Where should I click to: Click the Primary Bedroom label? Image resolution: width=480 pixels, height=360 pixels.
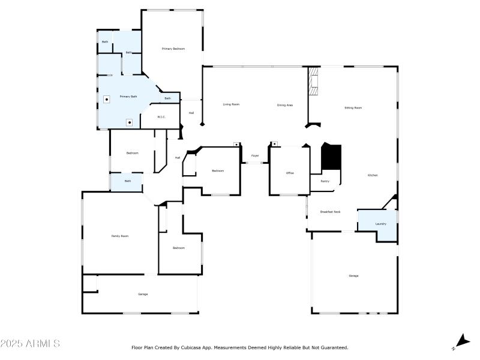pyautogui.click(x=173, y=48)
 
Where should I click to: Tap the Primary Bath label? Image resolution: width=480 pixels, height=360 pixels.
pyautogui.click(x=128, y=97)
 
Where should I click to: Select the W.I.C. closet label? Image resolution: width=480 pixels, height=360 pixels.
pyautogui.click(x=161, y=116)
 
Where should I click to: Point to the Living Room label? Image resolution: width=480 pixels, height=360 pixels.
pyautogui.click(x=231, y=104)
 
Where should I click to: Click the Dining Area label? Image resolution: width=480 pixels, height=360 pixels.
pyautogui.click(x=284, y=105)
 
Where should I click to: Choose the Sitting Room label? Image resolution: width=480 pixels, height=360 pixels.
pyautogui.click(x=353, y=108)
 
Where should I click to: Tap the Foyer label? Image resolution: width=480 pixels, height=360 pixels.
pyautogui.click(x=255, y=156)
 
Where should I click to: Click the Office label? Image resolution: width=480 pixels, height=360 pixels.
pyautogui.click(x=290, y=173)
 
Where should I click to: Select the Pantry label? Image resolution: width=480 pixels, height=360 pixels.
pyautogui.click(x=325, y=181)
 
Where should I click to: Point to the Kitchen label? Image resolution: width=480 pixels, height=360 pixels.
pyautogui.click(x=372, y=175)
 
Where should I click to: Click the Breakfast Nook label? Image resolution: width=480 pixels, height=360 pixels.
pyautogui.click(x=330, y=212)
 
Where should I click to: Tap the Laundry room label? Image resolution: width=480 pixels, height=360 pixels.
pyautogui.click(x=380, y=224)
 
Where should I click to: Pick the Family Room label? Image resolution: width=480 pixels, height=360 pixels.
pyautogui.click(x=120, y=236)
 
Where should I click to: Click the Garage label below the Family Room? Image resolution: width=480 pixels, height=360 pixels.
pyautogui.click(x=143, y=294)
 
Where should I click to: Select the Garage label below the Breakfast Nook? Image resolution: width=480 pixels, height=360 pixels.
pyautogui.click(x=353, y=275)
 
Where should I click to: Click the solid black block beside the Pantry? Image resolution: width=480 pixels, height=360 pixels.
pyautogui.click(x=331, y=157)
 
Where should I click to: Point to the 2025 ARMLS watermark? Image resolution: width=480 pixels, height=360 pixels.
pyautogui.click(x=30, y=344)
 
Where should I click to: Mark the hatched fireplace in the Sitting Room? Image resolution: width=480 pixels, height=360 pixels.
pyautogui.click(x=313, y=81)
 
